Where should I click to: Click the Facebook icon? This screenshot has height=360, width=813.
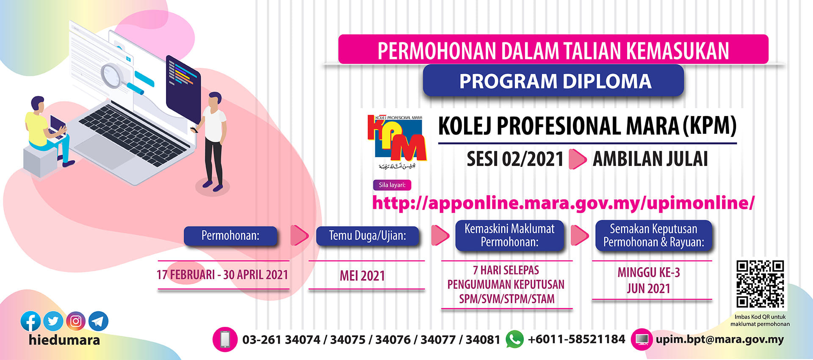(x=31, y=321)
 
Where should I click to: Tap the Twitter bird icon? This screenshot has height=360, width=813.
(x=53, y=321)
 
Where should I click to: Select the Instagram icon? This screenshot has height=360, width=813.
(x=76, y=321)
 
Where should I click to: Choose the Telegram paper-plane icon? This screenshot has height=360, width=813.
(x=98, y=321)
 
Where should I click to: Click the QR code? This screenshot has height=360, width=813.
(x=760, y=284)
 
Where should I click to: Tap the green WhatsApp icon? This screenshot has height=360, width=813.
(x=514, y=339)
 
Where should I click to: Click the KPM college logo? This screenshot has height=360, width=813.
(x=397, y=142)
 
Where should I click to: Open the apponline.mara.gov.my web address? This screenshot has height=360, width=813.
(x=563, y=203)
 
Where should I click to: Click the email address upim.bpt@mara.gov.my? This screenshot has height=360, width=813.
(x=720, y=340)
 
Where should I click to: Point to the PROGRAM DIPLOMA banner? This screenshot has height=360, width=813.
(x=553, y=80)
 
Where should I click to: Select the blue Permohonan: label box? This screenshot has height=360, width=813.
(x=230, y=235)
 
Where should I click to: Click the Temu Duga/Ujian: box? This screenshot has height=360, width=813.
(x=368, y=235)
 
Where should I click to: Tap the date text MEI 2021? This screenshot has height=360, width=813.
(x=362, y=276)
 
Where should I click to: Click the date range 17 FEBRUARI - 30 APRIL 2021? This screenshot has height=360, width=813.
(x=222, y=275)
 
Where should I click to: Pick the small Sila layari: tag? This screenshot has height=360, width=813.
(x=392, y=185)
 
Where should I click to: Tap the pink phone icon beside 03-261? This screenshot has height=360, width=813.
(x=225, y=339)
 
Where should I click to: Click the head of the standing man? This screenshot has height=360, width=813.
(x=215, y=100)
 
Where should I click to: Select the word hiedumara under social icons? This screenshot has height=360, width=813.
(x=64, y=340)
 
